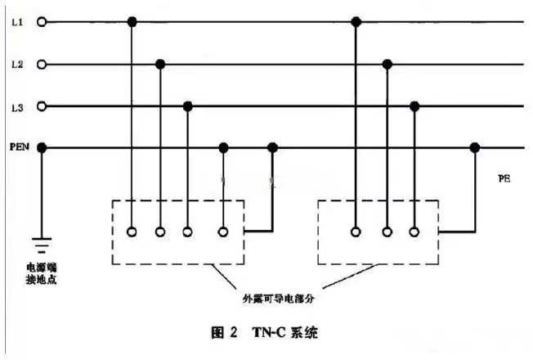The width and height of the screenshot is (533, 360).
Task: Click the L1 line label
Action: pos(17,22)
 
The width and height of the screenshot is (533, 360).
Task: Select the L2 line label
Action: pos(17,65)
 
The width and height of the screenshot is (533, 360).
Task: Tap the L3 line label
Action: pos(17,108)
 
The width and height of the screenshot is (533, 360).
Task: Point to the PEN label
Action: pos(20,147)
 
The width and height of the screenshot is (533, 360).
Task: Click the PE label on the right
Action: pos(504,178)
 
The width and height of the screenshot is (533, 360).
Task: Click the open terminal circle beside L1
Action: pos(42,22)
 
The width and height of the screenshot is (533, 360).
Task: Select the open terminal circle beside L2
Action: pos(42,65)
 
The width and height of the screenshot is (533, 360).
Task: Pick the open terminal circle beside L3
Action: pos(42,106)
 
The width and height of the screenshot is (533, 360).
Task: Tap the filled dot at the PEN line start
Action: pos(42,148)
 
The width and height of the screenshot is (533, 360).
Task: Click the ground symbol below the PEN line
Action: pos(42,245)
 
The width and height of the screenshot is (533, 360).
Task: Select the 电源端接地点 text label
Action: pos(42,273)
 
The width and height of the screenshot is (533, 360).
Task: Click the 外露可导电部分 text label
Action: pos(279,299)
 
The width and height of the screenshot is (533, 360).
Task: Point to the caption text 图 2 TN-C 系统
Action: pos(265,332)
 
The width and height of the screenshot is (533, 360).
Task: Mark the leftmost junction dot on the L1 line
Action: pos(132,22)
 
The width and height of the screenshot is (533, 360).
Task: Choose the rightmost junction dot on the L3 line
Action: pos(414,106)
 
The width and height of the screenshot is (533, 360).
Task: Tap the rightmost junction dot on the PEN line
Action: pos(475,148)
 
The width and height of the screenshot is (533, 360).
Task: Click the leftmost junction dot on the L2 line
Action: pos(160,64)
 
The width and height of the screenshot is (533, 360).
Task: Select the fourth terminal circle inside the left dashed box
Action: pos(223,232)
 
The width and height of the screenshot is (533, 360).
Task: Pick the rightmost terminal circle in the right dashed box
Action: pos(414,232)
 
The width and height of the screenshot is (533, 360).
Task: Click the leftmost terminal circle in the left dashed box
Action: pos(132,232)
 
